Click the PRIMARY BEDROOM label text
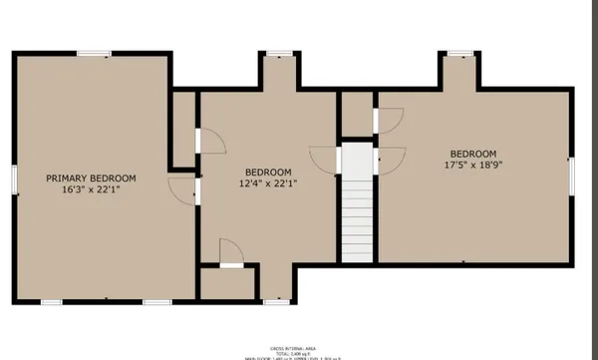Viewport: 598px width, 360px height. click(x=91, y=178)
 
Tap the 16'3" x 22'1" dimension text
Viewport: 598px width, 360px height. click(x=91, y=189)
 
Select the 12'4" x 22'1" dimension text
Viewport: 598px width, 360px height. click(x=268, y=183)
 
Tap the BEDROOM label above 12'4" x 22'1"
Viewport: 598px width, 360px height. click(x=268, y=172)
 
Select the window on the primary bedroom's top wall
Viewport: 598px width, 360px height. click(x=94, y=53)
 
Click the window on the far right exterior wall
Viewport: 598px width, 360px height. click(x=571, y=175)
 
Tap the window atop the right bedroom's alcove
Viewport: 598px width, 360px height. click(x=459, y=53)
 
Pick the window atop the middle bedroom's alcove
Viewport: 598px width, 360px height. click(x=279, y=53)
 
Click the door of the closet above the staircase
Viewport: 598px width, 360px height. click(x=388, y=120)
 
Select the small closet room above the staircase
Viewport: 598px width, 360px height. click(x=356, y=116)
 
